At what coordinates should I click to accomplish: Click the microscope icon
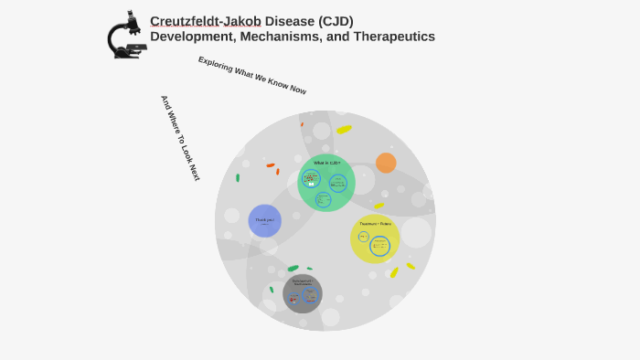click(126, 36)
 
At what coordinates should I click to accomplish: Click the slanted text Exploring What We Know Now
click(252, 75)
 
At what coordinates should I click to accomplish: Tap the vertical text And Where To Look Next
click(180, 138)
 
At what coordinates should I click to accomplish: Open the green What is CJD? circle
click(326, 183)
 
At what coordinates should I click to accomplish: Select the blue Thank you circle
click(264, 220)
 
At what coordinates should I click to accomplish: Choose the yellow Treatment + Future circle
click(375, 238)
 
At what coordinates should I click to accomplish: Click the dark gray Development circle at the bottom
click(302, 293)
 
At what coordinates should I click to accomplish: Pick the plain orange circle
click(386, 163)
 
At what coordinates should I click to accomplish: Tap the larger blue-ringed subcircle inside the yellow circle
click(379, 246)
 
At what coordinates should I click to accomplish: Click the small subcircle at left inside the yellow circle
click(363, 238)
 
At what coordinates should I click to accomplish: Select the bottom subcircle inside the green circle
click(323, 199)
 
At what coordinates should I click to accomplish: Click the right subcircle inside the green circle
click(338, 183)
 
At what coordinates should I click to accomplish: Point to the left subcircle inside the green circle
click(311, 179)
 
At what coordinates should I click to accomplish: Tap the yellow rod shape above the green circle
click(344, 130)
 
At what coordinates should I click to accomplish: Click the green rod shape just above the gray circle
click(293, 269)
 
